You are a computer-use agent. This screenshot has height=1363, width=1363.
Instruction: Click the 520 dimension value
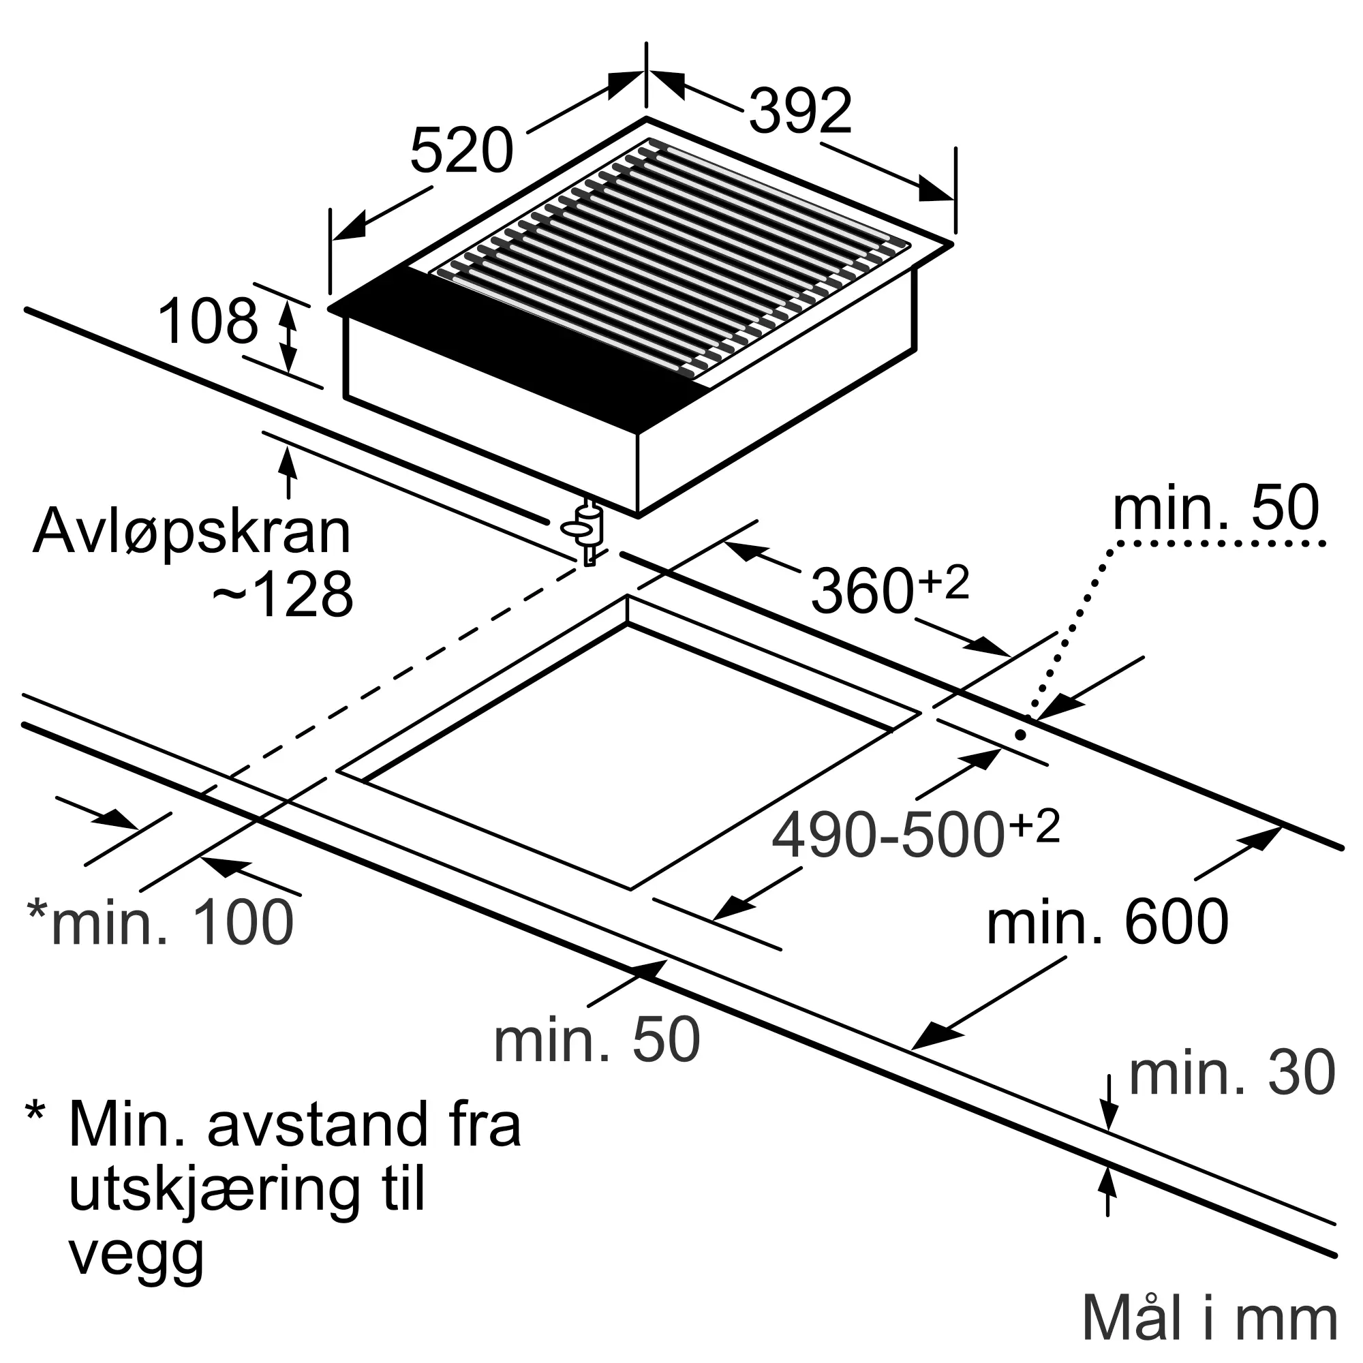point(461,152)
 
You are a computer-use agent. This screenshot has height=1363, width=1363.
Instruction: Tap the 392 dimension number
point(800,112)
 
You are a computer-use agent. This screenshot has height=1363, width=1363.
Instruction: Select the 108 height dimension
point(208,322)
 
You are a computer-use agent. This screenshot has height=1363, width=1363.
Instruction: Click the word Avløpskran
point(192,533)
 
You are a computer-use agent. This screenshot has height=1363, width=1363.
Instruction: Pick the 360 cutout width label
point(862,591)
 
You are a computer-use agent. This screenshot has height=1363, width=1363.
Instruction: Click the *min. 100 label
point(161,922)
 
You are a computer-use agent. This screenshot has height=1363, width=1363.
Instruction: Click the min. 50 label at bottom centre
point(597,1040)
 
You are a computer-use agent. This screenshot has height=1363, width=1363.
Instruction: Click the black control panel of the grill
point(515,346)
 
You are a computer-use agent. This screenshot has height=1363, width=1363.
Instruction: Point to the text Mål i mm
point(1209,1318)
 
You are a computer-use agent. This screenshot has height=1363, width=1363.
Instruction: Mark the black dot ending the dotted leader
point(1020,735)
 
